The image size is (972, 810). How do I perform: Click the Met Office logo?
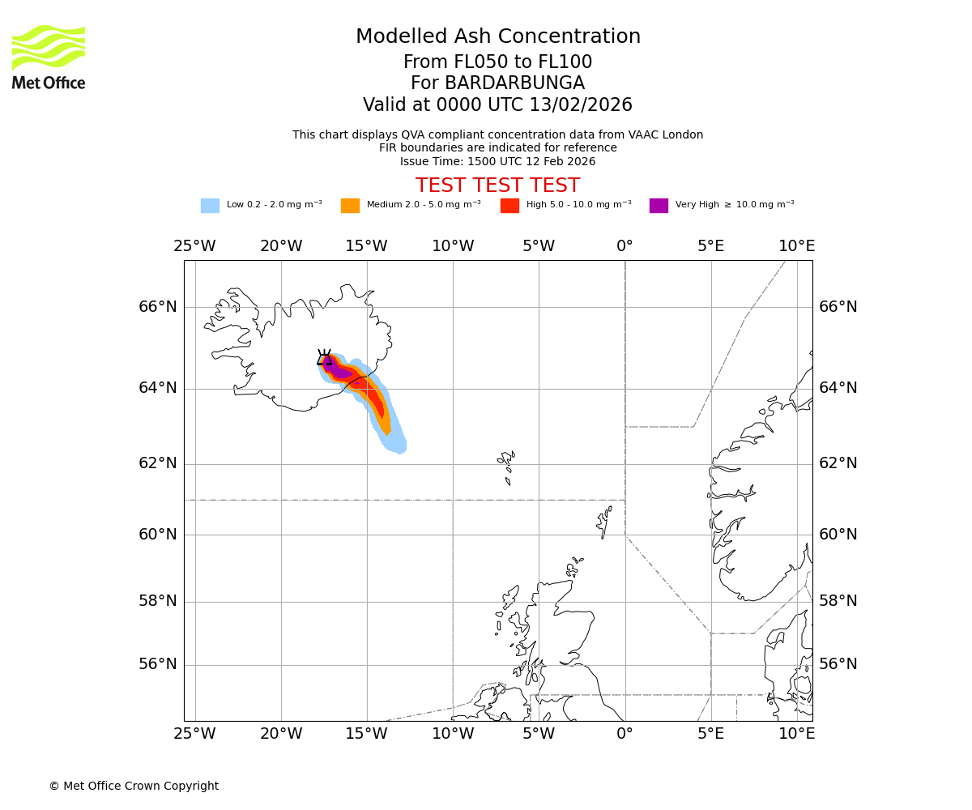49,57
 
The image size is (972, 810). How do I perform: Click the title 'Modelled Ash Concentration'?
497,37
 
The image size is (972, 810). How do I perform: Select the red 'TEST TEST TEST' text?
497,185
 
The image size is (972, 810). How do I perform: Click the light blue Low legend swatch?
210,206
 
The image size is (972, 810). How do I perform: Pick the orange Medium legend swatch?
350,206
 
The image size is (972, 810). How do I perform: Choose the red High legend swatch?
509,206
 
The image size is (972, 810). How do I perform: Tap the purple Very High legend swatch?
659,206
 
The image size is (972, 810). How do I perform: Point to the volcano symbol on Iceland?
324,358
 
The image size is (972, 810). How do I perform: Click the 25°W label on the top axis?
194,246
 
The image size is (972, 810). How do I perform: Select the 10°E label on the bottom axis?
796,734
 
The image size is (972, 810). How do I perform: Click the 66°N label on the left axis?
157,307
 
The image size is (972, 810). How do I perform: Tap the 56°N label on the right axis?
838,664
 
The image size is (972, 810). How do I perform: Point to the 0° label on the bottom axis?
625,734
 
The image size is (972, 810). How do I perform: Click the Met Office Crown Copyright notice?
134,787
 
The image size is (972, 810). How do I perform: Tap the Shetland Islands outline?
604,520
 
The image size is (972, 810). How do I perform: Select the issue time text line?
497,162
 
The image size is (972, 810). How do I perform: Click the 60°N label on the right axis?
838,535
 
